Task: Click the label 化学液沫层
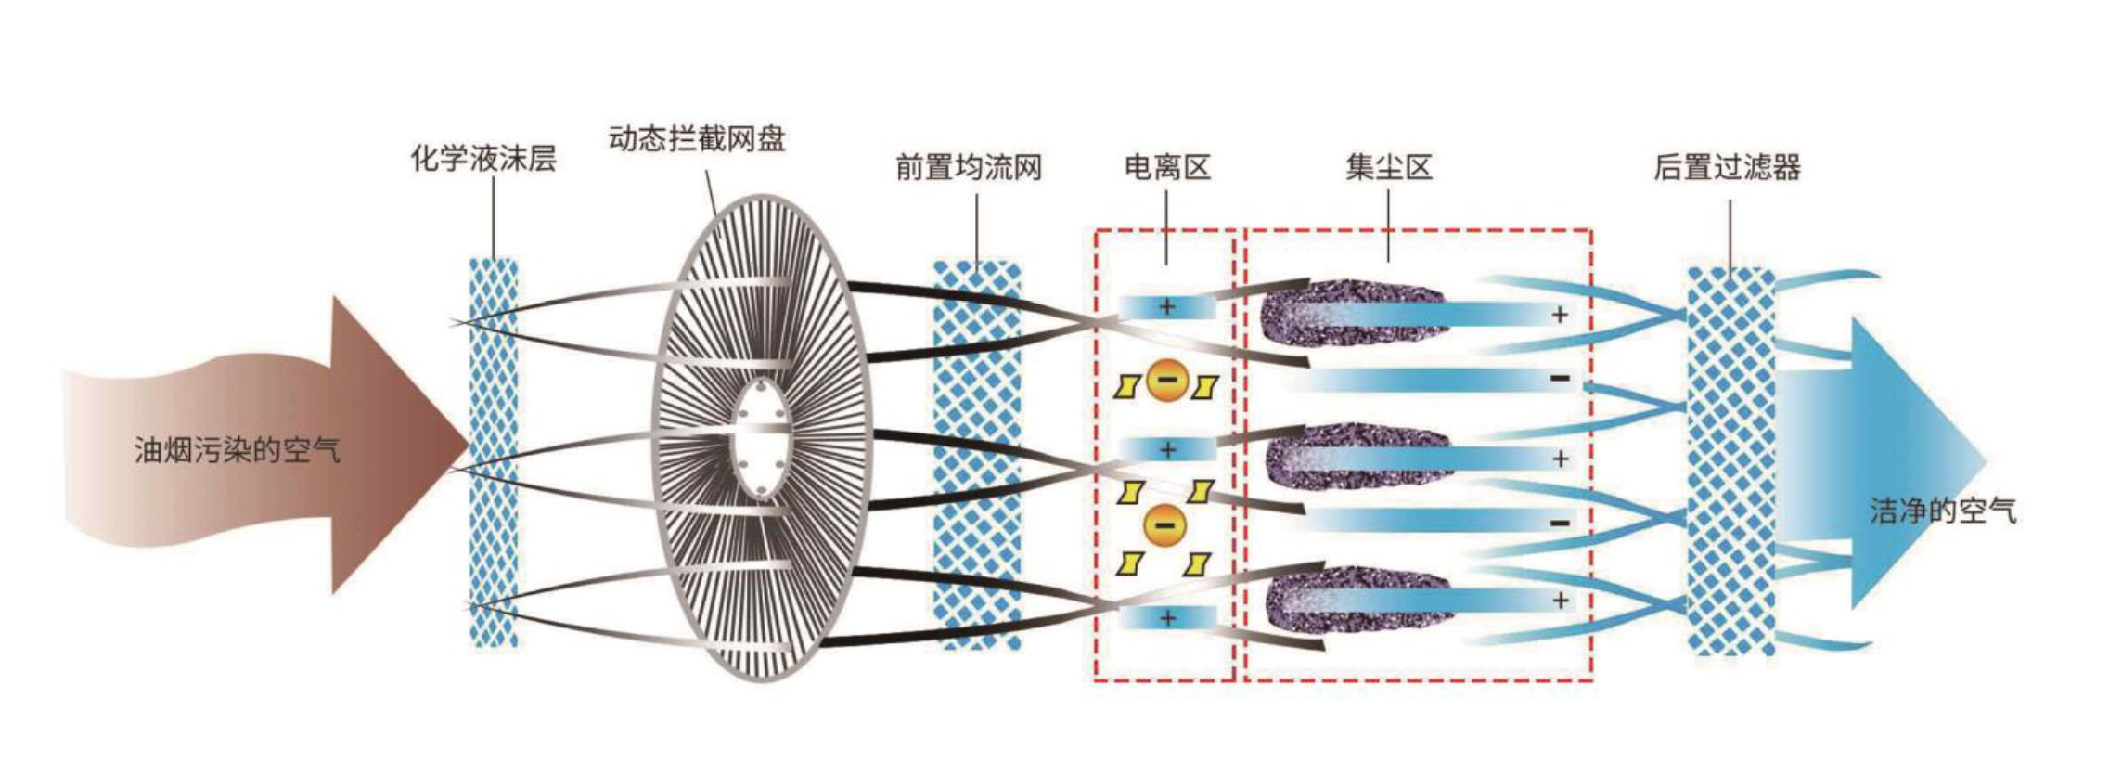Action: (x=483, y=159)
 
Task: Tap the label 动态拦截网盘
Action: (x=697, y=139)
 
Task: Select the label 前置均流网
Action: (x=969, y=168)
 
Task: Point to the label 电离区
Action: (x=1167, y=168)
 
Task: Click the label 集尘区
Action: (x=1389, y=168)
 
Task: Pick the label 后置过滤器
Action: (x=1727, y=168)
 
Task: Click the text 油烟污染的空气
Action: (x=238, y=451)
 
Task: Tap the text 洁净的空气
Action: (x=1943, y=511)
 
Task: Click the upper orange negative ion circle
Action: (x=1167, y=380)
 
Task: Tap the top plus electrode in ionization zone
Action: (x=1167, y=307)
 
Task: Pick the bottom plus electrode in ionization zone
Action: (x=1167, y=618)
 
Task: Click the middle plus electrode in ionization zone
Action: (x=1167, y=451)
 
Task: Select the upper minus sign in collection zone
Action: (x=1560, y=379)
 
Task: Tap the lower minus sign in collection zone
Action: (x=1560, y=524)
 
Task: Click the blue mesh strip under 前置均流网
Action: (x=977, y=455)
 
